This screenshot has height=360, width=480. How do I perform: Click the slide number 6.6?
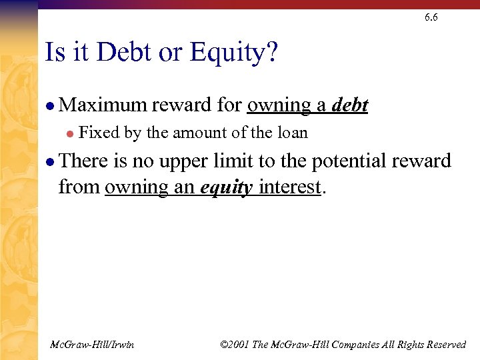(431, 18)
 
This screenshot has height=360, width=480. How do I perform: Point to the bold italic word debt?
(350, 105)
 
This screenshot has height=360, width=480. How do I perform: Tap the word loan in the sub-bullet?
(293, 133)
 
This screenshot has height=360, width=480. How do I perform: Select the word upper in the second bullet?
(185, 161)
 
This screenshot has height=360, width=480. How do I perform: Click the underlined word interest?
(290, 187)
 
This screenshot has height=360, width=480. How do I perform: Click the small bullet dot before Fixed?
(69, 134)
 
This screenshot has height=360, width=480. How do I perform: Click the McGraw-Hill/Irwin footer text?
(92, 345)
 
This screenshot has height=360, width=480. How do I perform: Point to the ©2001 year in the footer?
(233, 345)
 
